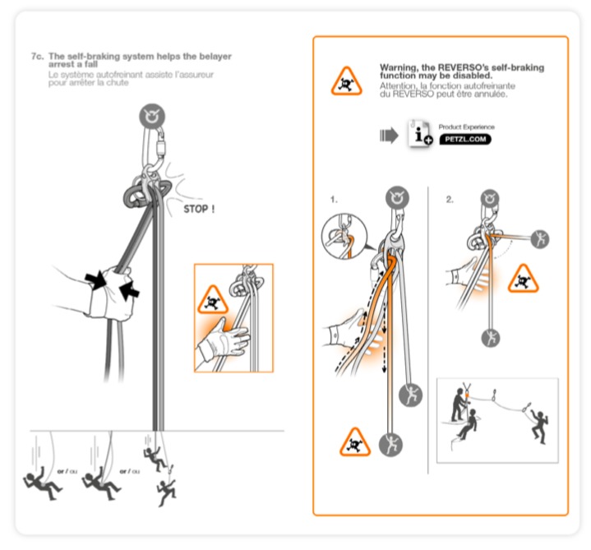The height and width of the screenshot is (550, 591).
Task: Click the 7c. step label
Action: (x=37, y=56)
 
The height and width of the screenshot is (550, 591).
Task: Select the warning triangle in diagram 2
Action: (x=523, y=279)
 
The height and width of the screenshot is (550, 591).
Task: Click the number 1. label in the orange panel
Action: (x=334, y=199)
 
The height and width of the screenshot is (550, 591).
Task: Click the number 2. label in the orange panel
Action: (x=450, y=199)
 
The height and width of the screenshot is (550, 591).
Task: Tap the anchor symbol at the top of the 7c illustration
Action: (x=150, y=116)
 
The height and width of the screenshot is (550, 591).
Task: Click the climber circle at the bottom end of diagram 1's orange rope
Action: (x=389, y=444)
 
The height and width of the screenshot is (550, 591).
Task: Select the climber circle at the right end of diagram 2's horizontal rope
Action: (x=540, y=239)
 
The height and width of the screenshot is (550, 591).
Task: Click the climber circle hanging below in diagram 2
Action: (x=491, y=337)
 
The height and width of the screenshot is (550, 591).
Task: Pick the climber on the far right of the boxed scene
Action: (x=538, y=423)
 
